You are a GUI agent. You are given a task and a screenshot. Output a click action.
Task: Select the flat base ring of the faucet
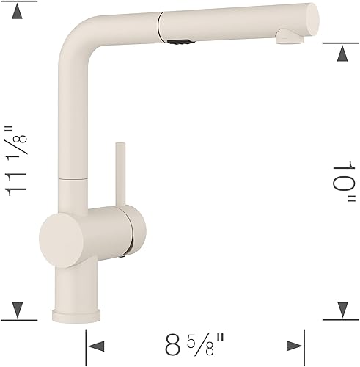(80, 315)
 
